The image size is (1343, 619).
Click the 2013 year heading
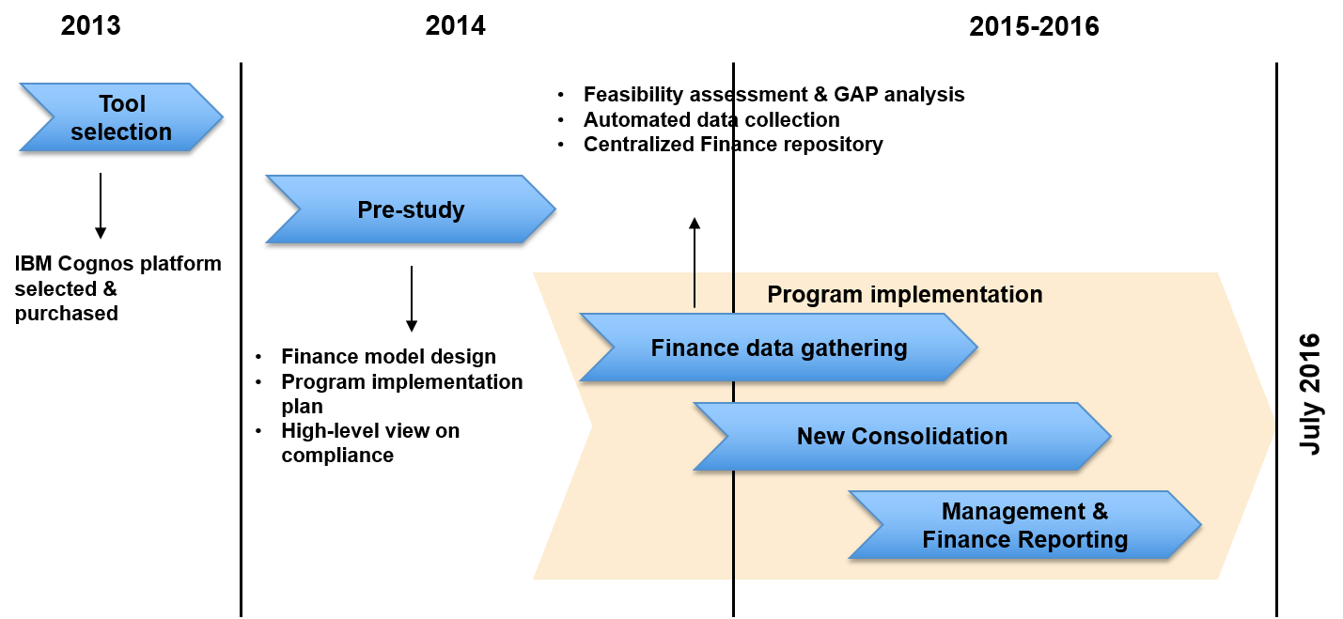pos(90,25)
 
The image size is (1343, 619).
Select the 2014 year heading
pos(455,25)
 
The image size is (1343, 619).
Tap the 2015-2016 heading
pos(1034,26)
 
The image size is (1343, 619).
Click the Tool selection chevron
pos(121,116)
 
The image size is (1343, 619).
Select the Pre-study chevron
pos(411,209)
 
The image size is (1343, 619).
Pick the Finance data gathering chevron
pos(778,348)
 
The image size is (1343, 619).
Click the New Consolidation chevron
pos(902,436)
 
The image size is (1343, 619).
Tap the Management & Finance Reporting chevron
pos(1024,525)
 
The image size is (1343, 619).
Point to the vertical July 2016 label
pos(1309,395)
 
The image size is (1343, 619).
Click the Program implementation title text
pos(905,295)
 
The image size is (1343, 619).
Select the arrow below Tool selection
pos(101,206)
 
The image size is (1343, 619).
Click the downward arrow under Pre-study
pos(412,299)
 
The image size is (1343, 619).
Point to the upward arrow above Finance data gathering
pos(695,262)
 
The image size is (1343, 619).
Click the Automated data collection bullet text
pos(711,120)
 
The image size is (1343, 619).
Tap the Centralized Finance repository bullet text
pos(733,145)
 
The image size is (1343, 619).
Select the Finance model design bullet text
pos(388,357)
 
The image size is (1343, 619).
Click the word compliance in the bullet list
pos(337,456)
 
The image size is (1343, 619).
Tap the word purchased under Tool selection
pos(67,314)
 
